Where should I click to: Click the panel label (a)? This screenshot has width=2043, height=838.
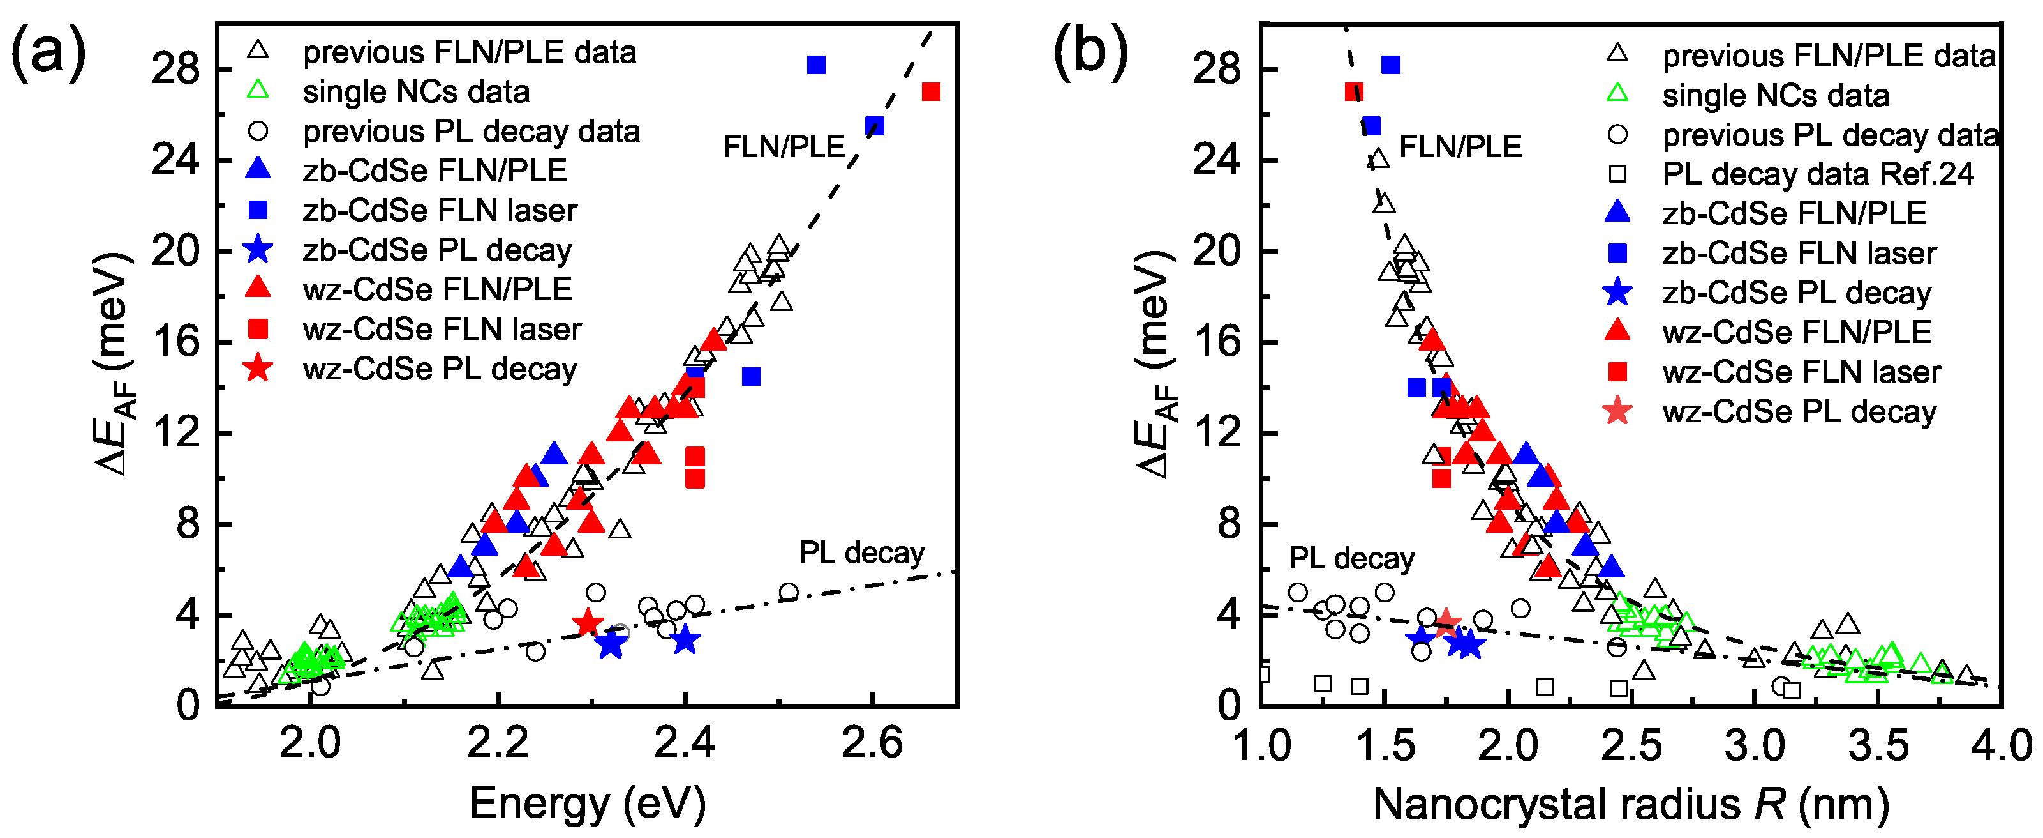(x=48, y=52)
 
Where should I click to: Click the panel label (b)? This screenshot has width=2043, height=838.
(x=1090, y=52)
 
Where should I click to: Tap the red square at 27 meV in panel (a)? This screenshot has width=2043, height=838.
(x=930, y=92)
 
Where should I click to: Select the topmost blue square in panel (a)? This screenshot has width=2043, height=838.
(x=816, y=65)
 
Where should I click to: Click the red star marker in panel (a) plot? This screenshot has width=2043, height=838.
(x=588, y=623)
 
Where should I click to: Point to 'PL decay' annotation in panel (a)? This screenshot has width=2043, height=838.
(x=861, y=552)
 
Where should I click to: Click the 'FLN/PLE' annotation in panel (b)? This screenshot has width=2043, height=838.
(x=1460, y=147)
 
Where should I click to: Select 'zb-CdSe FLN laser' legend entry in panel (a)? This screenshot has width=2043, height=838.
(x=440, y=210)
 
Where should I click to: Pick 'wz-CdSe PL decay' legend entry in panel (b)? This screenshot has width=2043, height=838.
(x=1799, y=412)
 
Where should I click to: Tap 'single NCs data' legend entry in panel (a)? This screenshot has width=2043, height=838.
(x=415, y=92)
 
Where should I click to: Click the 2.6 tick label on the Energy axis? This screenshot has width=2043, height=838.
(x=872, y=744)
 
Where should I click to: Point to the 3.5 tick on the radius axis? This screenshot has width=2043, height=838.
(x=1877, y=746)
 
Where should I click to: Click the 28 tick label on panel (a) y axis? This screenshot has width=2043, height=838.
(x=176, y=69)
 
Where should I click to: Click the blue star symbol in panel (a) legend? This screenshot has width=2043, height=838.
(x=258, y=250)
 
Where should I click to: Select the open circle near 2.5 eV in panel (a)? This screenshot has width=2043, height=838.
(x=789, y=592)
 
